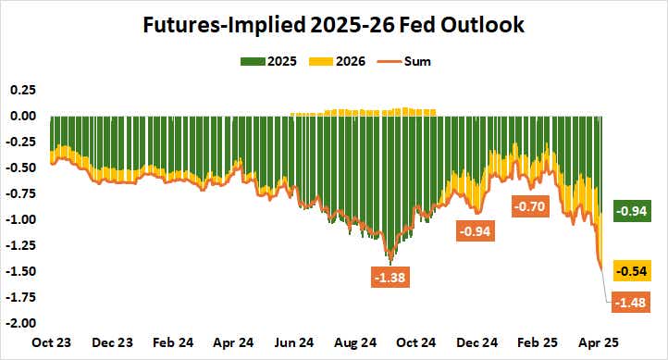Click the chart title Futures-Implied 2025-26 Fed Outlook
click(x=333, y=25)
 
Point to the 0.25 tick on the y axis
click(x=20, y=90)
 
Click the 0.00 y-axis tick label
click(x=20, y=116)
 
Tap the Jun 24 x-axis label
click(x=295, y=342)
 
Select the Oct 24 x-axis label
click(x=416, y=342)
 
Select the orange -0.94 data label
click(x=476, y=231)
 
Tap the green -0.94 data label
click(x=634, y=211)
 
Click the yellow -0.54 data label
click(x=634, y=271)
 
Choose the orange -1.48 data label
click(x=634, y=301)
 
